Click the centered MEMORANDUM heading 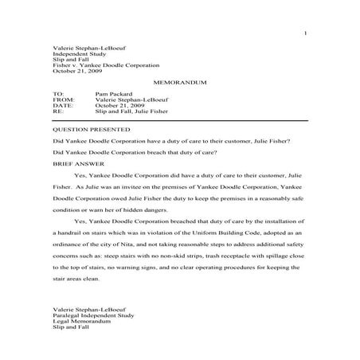[x=179, y=83]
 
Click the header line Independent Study [x=76, y=52]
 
